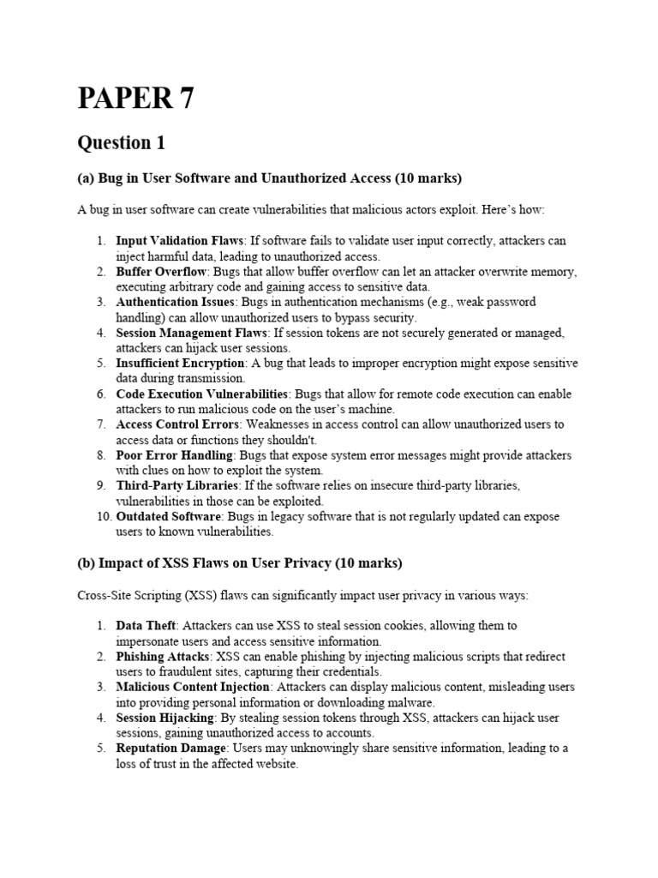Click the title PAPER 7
(135, 99)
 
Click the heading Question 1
(121, 142)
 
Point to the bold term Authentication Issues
(176, 302)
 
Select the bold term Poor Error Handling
(174, 455)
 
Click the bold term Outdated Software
(169, 517)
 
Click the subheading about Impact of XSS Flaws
(239, 563)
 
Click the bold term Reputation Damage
(170, 749)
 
